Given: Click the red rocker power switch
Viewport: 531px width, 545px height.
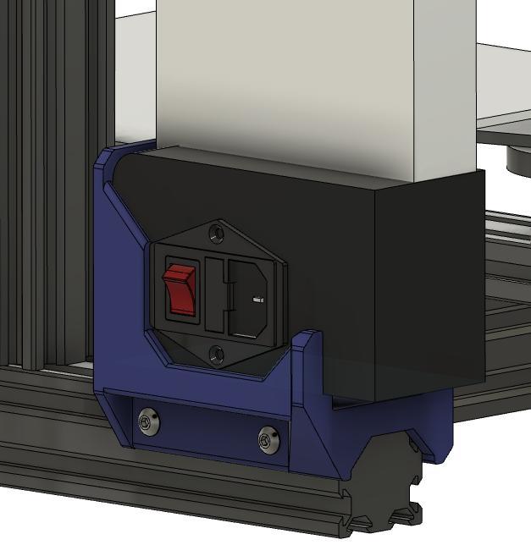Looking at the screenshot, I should tap(180, 289).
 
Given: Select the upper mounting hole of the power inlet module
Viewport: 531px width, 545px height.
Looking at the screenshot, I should tap(217, 229).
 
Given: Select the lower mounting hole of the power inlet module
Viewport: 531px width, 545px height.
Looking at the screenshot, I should tap(217, 354).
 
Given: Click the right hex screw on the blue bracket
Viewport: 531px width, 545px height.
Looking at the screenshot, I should tap(269, 438).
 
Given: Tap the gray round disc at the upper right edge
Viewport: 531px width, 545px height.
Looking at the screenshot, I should tap(518, 159).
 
